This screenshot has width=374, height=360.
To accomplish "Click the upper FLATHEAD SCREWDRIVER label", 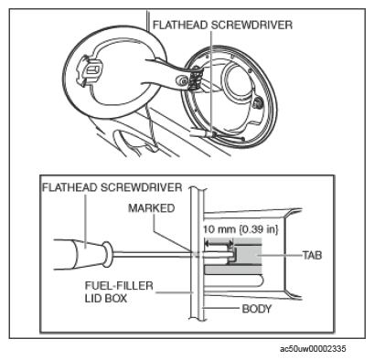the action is [x=222, y=25].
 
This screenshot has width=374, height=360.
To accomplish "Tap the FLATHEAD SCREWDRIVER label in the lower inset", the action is [x=112, y=187].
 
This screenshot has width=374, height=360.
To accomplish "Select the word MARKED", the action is [x=152, y=208].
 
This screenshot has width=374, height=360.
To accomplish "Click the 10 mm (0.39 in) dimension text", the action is [x=240, y=229].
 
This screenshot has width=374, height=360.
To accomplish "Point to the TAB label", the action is [x=312, y=255].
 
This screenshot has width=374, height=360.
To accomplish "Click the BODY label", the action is [x=257, y=309].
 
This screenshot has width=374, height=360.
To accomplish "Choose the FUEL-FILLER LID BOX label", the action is [x=119, y=291].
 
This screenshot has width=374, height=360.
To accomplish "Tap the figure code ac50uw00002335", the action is [x=313, y=349].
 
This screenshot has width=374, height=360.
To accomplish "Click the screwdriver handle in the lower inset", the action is [x=80, y=254].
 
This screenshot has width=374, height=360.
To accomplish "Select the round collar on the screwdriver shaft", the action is [x=107, y=254].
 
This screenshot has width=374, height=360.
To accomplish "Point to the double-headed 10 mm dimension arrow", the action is [x=219, y=243].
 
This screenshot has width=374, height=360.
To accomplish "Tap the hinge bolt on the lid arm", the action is [x=182, y=80].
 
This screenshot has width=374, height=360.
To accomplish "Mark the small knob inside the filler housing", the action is [x=259, y=104].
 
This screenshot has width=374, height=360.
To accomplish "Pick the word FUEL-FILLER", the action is [x=119, y=286].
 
